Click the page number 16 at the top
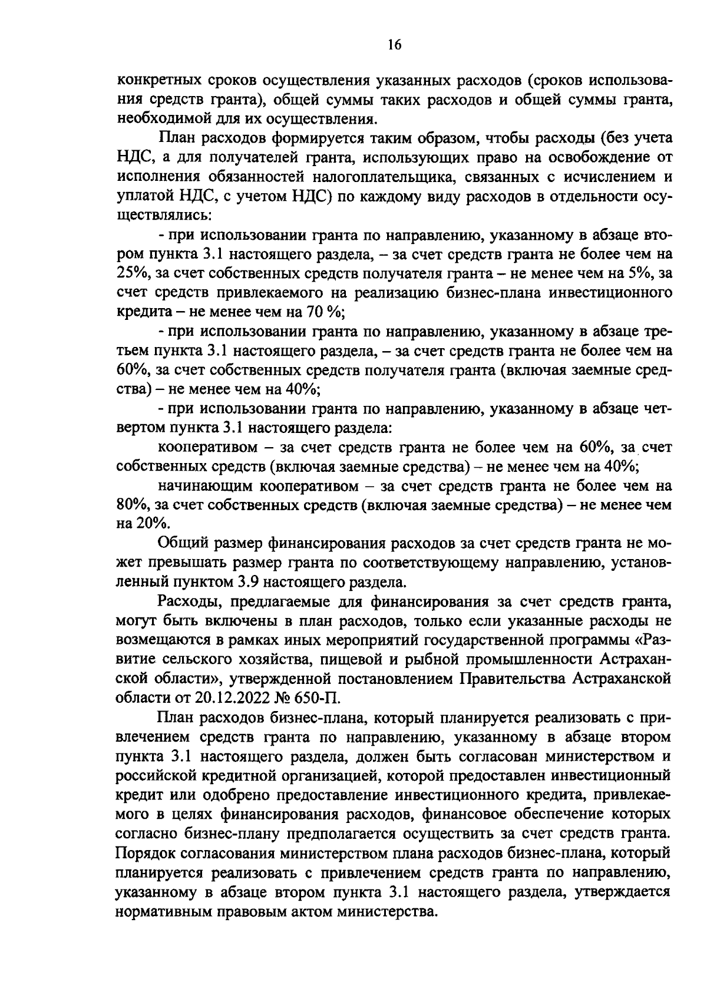[395, 45]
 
